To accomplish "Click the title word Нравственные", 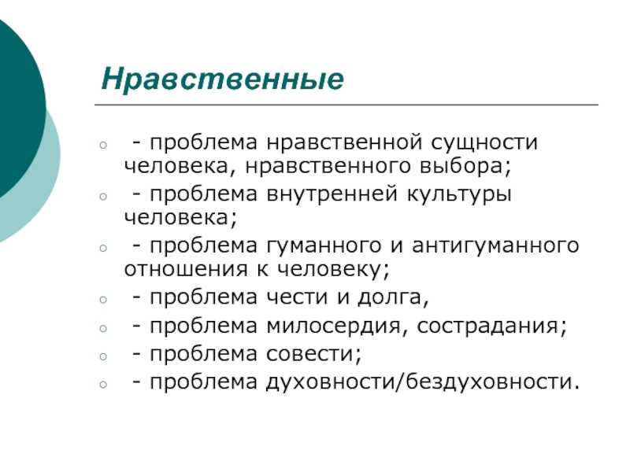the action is (x=223, y=79).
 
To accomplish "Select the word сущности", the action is (x=484, y=143).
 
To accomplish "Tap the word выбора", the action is (x=465, y=166).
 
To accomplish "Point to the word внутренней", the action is (x=332, y=194).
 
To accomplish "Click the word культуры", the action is (x=459, y=195).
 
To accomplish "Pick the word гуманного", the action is (x=324, y=246).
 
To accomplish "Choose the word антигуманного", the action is (x=495, y=246).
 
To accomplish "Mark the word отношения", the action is (x=186, y=269).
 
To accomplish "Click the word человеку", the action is (x=333, y=270).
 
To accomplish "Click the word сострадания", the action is (x=491, y=326).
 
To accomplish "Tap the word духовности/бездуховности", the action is (x=423, y=382).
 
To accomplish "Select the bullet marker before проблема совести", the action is (x=104, y=356).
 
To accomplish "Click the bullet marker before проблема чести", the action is (x=104, y=300).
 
